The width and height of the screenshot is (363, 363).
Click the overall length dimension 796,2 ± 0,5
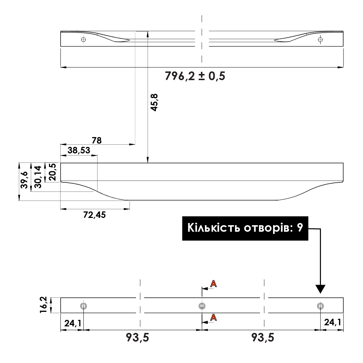(x=195, y=77)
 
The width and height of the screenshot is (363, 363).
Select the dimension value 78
(x=97, y=140)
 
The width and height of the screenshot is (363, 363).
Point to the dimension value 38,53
(x=79, y=150)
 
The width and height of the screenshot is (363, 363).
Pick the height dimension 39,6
(x=24, y=180)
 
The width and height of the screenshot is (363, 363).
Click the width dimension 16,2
(x=44, y=305)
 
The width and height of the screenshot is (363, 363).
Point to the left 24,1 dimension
(x=73, y=323)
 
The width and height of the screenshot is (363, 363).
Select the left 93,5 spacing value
(x=137, y=338)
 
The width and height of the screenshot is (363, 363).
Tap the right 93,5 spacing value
(x=263, y=338)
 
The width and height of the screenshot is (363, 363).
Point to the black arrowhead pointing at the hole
(x=320, y=289)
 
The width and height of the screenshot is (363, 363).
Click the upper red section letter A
(x=214, y=284)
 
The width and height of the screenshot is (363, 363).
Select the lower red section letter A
(x=214, y=318)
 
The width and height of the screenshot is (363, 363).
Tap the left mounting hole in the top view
(x=83, y=39)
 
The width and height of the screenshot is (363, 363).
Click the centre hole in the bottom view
(x=202, y=306)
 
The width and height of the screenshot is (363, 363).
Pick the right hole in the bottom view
(x=319, y=306)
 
